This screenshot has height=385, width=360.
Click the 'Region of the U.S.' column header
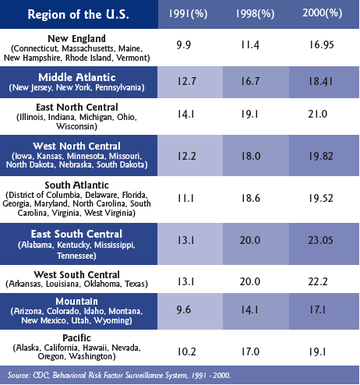[78, 14]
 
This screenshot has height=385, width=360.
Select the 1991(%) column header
[188, 13]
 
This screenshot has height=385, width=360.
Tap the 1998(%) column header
[255, 13]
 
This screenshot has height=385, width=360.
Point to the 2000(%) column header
[323, 12]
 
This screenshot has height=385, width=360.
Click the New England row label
[76, 39]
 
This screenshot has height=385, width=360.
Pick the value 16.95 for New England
[321, 44]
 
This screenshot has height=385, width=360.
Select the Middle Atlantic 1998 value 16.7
[250, 81]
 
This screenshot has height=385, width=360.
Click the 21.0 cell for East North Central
[318, 114]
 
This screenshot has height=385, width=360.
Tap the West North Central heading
[76, 146]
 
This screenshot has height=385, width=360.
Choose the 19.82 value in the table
[321, 156]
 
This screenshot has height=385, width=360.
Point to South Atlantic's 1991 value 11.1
[185, 199]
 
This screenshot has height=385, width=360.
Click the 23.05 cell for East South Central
[320, 240]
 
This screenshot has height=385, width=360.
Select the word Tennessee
[76, 256]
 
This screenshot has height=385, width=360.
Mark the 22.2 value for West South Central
[318, 281]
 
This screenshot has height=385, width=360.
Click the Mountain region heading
[76, 302]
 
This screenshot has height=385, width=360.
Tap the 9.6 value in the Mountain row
[184, 309]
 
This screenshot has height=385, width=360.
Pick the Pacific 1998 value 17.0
[250, 351]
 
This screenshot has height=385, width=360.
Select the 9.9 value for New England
[184, 45]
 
